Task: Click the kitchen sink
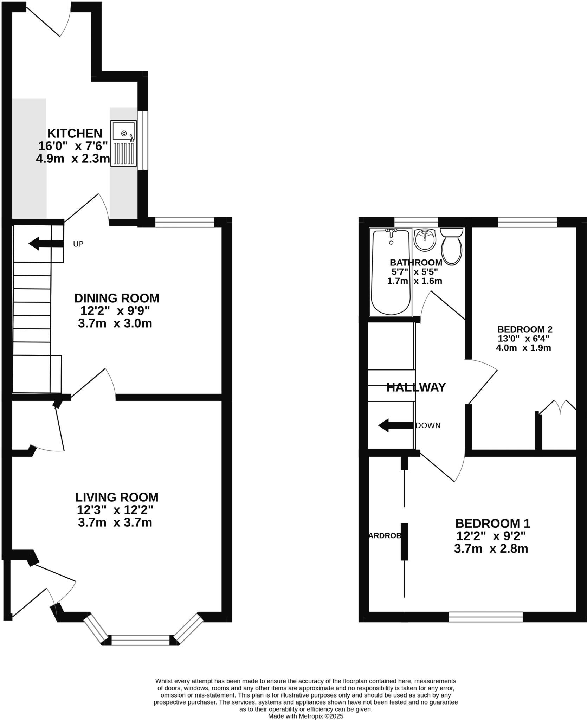point(123,143)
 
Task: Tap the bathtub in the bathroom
point(391,272)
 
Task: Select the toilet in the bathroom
point(452,246)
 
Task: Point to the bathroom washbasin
point(425,240)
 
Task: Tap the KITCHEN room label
point(75,134)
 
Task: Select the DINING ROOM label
point(117,298)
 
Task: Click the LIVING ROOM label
point(117,497)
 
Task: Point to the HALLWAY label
point(416,387)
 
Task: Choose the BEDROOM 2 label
point(525,329)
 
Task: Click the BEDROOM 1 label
point(492,523)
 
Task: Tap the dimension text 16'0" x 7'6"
point(73,146)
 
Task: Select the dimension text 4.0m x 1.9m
point(523,348)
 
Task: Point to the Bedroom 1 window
point(485,617)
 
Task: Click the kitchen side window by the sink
point(143,141)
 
